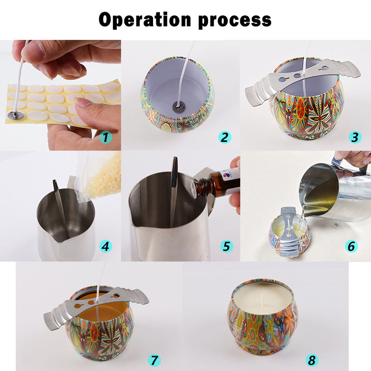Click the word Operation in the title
(145, 19)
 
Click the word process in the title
(235, 21)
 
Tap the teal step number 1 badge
(106, 137)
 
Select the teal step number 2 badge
(224, 137)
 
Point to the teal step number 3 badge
(355, 137)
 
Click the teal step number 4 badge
(106, 246)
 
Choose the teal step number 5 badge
(226, 246)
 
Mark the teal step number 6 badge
(352, 246)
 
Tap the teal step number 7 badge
(154, 360)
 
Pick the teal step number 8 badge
(312, 360)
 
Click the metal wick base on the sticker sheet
(16, 115)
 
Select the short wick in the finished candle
(262, 299)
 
